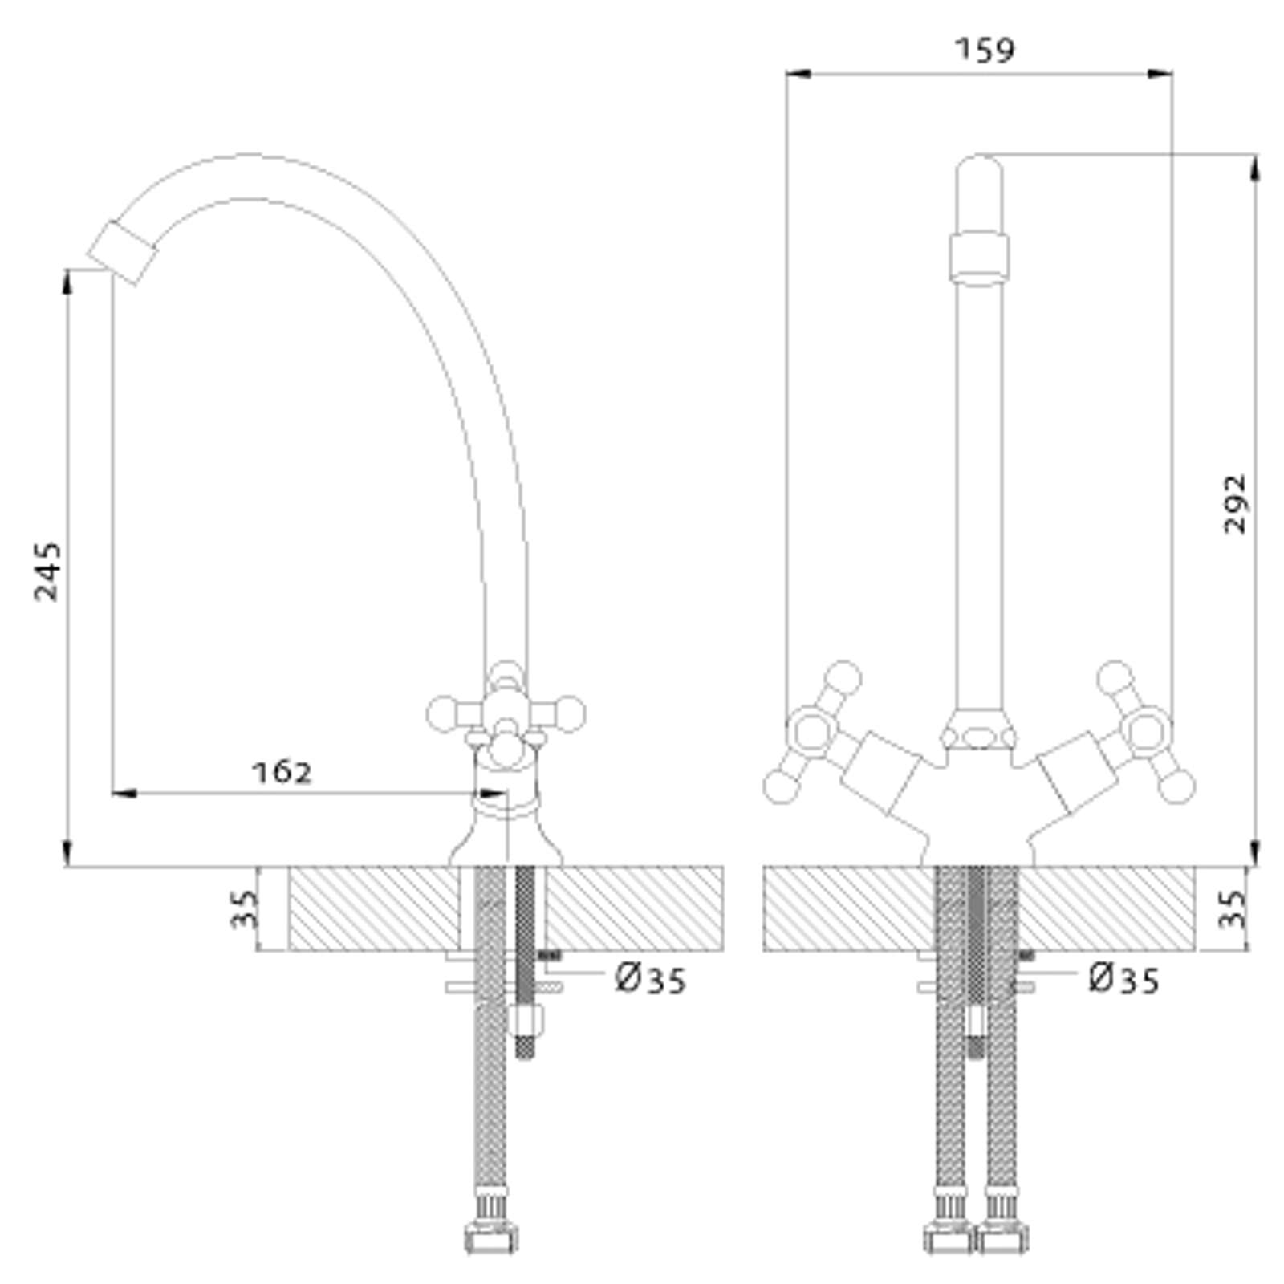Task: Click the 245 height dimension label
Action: coord(48,571)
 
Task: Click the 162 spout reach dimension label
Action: coord(282,772)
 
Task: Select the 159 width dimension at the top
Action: coord(985,50)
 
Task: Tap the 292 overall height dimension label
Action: coord(1236,504)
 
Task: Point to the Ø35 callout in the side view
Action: coord(651,979)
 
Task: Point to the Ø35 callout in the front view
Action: coord(1124,979)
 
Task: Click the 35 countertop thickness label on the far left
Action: coord(245,909)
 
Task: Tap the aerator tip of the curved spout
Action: coord(123,252)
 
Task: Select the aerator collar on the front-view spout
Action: coord(979,258)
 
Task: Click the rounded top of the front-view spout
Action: coord(979,171)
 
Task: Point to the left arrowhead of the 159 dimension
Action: coord(799,74)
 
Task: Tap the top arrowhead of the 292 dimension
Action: coord(1255,169)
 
